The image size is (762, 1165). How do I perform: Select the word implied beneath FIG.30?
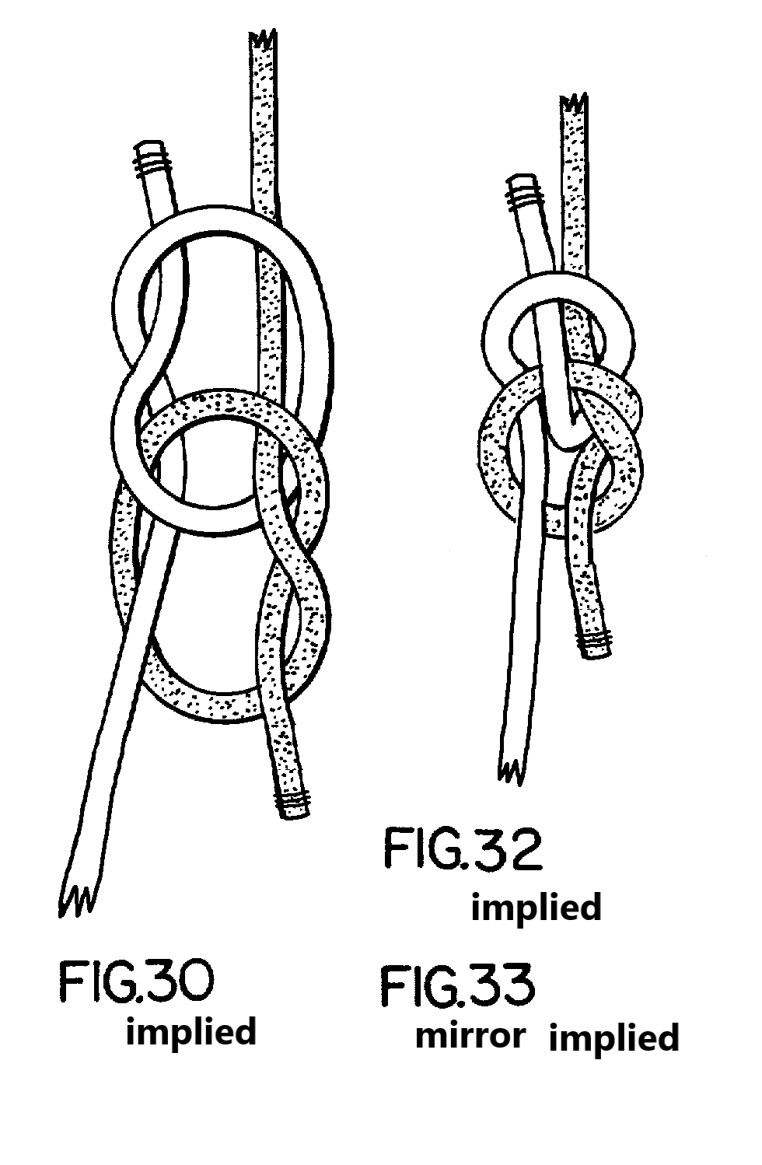(x=191, y=1032)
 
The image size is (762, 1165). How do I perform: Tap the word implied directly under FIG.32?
(x=537, y=907)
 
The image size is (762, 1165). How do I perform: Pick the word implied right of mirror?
(x=613, y=1037)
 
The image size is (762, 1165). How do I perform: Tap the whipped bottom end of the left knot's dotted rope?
(x=293, y=804)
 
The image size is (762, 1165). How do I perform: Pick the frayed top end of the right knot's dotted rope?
(x=575, y=105)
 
